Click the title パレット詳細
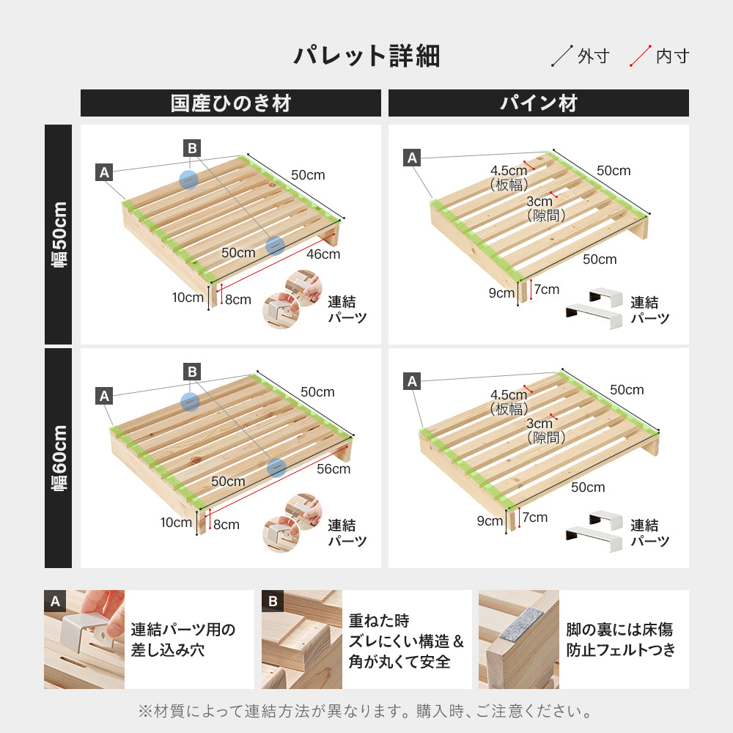[366, 56]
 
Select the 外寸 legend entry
[582, 56]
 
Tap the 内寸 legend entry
[660, 56]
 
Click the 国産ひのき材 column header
[230, 103]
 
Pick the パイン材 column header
[539, 103]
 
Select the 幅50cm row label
[59, 235]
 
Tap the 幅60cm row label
[59, 458]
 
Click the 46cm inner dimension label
[323, 254]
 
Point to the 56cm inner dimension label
[334, 469]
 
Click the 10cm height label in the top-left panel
[188, 298]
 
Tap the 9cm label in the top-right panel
[501, 293]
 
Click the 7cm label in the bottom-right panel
[535, 517]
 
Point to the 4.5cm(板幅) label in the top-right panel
[509, 178]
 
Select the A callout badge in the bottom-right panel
[412, 381]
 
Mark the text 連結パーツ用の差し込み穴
[183, 639]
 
